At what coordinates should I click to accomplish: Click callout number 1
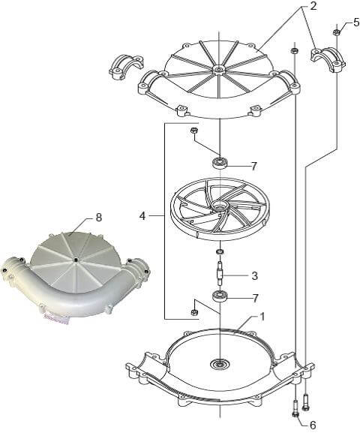[x=262, y=317]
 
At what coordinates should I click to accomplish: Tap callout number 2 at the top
[x=313, y=6]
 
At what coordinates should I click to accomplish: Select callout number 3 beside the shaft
[x=255, y=275]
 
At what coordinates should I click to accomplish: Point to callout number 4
[x=142, y=215]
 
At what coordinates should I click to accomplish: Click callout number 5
[x=356, y=22]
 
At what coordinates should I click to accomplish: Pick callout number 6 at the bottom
[x=313, y=425]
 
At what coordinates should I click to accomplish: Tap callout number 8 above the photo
[x=98, y=218]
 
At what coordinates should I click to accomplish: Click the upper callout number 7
[x=254, y=166]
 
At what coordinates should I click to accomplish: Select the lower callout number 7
[x=255, y=298]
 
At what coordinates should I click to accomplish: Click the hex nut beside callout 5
[x=337, y=32]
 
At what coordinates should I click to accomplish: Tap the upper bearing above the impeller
[x=220, y=162]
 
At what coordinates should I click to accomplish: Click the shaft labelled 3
[x=220, y=274]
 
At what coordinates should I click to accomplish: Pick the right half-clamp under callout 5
[x=328, y=60]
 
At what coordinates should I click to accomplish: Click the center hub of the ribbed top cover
[x=219, y=69]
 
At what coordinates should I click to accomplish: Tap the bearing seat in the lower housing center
[x=220, y=364]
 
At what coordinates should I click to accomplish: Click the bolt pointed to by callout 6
[x=295, y=408]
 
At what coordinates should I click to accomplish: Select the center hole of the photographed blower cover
[x=75, y=260]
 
